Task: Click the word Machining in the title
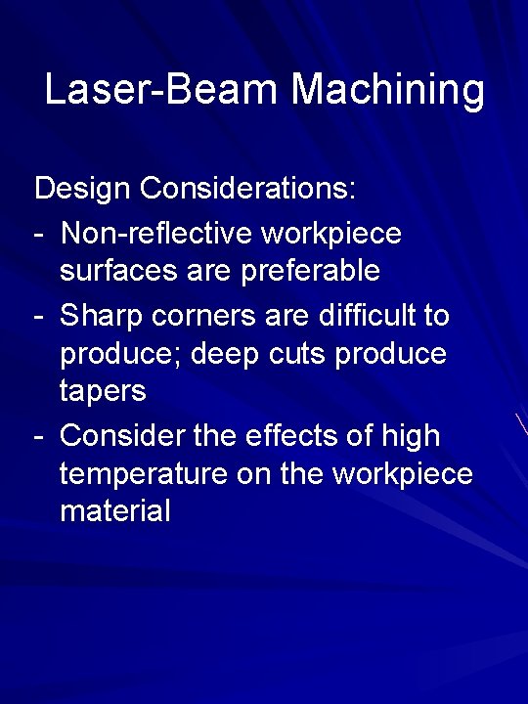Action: point(387,91)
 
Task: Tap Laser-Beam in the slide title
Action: point(162,90)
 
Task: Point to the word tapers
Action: point(103,391)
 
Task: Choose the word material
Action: point(115,509)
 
